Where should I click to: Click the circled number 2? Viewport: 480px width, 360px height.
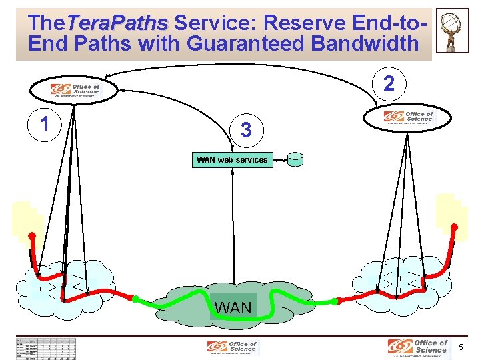pyautogui.click(x=392, y=83)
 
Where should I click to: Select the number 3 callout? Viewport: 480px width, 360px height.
pyautogui.click(x=246, y=129)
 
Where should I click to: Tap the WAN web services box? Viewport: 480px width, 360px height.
pyautogui.click(x=232, y=160)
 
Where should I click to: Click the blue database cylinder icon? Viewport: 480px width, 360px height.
pyautogui.click(x=295, y=160)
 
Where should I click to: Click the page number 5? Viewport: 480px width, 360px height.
pyautogui.click(x=461, y=347)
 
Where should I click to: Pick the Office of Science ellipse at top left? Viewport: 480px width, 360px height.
pyautogui.click(x=75, y=89)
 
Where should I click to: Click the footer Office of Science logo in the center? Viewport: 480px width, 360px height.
pyautogui.click(x=232, y=347)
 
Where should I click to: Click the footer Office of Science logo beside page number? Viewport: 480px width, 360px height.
pyautogui.click(x=418, y=347)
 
